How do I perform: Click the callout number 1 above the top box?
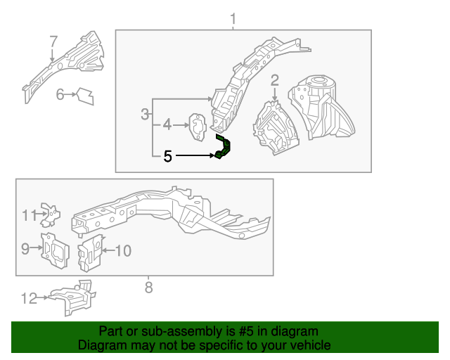click(233, 19)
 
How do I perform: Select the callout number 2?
click(275, 80)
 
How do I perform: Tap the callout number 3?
click(146, 115)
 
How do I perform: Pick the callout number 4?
click(167, 125)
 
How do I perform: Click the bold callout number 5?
click(167, 157)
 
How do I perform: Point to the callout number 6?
click(60, 94)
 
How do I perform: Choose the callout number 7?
click(53, 41)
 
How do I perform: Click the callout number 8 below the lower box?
click(148, 288)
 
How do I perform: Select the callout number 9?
click(25, 248)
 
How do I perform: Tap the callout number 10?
click(124, 250)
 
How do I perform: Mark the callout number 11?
click(30, 215)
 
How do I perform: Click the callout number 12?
click(29, 298)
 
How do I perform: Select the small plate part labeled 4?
click(197, 127)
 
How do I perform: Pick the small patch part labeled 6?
click(86, 96)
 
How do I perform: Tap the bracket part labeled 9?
click(55, 250)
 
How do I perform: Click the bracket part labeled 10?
click(90, 253)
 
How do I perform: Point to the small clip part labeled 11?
click(51, 214)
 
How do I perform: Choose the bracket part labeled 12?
click(72, 298)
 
